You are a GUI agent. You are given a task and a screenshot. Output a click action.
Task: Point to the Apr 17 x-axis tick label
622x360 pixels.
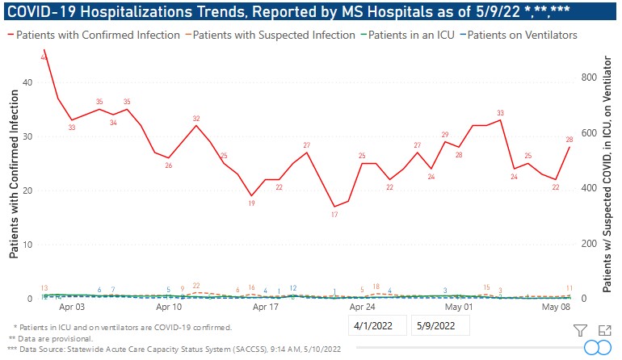point(266,308)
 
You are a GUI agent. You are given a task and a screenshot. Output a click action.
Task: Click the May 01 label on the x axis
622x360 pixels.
point(459,308)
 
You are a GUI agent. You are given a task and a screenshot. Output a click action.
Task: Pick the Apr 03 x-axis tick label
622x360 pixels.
point(72,308)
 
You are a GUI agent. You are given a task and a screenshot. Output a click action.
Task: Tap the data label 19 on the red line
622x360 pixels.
point(251,204)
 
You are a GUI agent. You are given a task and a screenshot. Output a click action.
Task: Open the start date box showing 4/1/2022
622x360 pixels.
point(377,326)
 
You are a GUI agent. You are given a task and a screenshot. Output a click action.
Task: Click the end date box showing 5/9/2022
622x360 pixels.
point(439,326)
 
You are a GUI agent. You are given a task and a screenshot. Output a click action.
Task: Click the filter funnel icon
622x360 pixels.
point(579,329)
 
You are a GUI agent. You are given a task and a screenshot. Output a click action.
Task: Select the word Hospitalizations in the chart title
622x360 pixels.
point(116,10)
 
